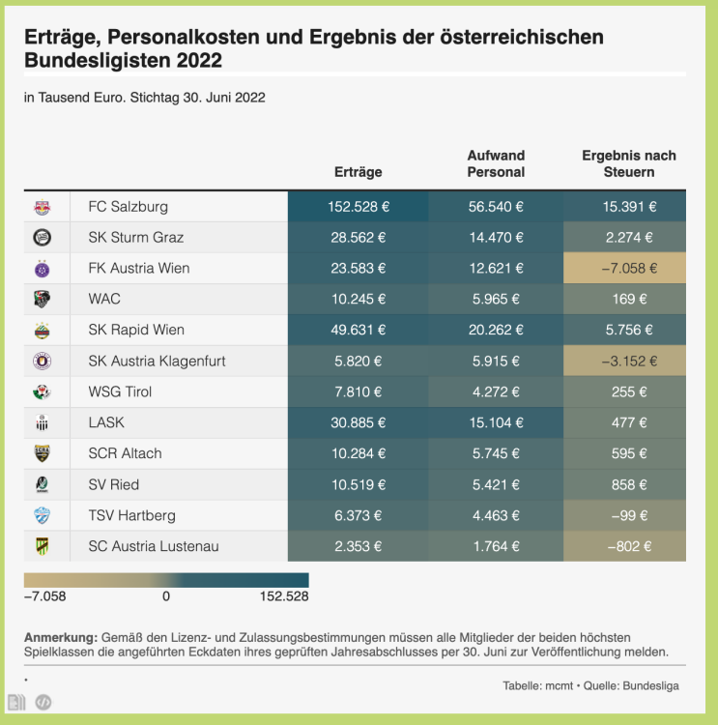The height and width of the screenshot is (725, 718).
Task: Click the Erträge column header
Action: coord(358,172)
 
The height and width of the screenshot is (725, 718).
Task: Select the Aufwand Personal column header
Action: coord(496,163)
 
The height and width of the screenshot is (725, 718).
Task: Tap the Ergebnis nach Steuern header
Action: coord(628,163)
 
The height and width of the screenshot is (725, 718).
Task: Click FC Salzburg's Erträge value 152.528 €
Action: coord(358,207)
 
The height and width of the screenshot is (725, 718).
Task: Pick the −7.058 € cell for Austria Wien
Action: coord(624,269)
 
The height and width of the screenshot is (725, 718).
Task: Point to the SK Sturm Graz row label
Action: coord(135,238)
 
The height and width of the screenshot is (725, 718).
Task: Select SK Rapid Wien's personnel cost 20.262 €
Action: coord(495,331)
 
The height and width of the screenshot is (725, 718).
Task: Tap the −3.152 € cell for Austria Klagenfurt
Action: coord(624,362)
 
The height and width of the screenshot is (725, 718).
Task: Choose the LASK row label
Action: coord(106,423)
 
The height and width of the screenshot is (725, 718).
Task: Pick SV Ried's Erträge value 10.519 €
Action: coord(358,485)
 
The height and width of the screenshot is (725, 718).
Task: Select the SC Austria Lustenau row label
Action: coord(153,547)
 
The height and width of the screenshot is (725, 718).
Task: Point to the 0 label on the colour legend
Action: coord(166,596)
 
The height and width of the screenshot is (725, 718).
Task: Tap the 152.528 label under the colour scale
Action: coord(284,596)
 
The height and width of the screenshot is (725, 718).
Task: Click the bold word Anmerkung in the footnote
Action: coord(60,638)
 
